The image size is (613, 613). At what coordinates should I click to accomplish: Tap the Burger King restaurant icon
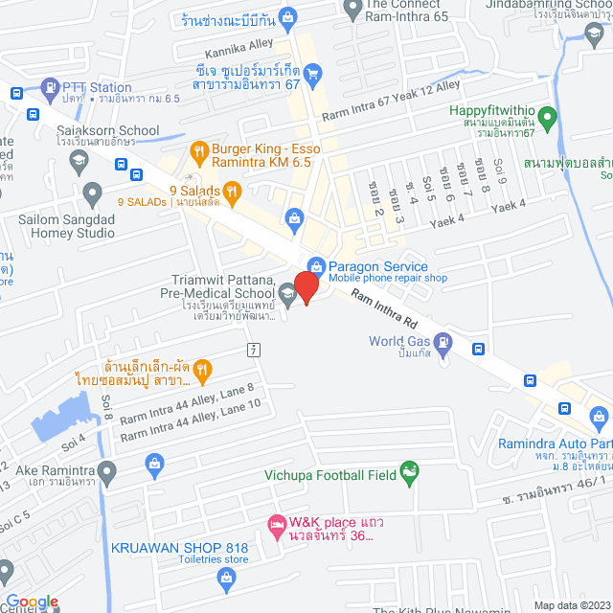pyautogui.click(x=199, y=149)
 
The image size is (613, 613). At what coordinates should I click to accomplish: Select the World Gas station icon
pyautogui.click(x=443, y=341)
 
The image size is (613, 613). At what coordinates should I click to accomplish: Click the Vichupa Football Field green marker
pyautogui.click(x=410, y=470)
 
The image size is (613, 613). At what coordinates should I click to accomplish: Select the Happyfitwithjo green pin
pyautogui.click(x=547, y=120)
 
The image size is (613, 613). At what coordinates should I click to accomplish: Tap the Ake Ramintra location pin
pyautogui.click(x=107, y=471)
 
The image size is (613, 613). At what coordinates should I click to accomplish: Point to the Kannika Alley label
pyautogui.click(x=238, y=43)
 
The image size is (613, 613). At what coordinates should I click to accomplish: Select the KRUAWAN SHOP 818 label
pyautogui.click(x=180, y=547)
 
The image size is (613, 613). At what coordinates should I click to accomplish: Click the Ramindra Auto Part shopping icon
pyautogui.click(x=600, y=417)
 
